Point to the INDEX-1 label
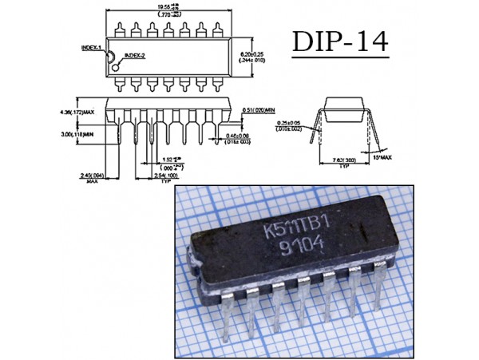coord(93,48)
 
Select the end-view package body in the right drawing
coord(346,111)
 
